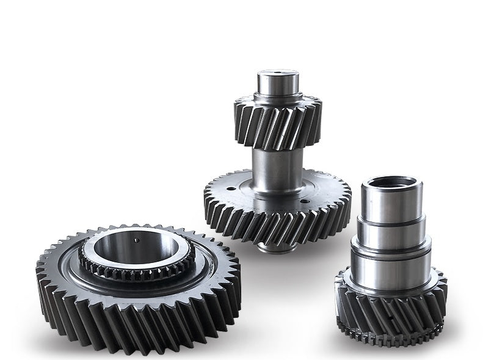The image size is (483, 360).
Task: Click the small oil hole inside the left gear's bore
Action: [x=136, y=240]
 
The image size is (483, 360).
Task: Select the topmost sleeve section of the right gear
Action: [x=391, y=204]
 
